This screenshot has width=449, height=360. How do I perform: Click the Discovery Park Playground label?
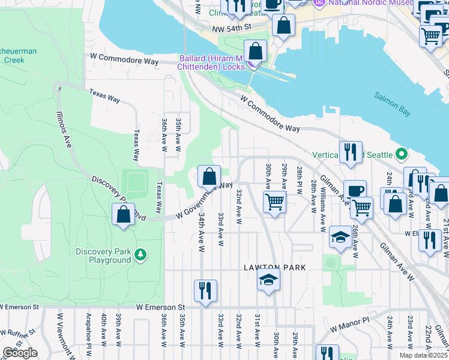(103, 256)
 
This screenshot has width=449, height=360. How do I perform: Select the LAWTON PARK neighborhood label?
(275, 267)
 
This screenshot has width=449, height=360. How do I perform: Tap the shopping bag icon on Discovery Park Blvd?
(123, 214)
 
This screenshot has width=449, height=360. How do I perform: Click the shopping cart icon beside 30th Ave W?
(274, 201)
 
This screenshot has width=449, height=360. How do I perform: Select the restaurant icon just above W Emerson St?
(205, 291)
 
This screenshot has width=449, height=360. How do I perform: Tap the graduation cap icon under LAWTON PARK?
(268, 279)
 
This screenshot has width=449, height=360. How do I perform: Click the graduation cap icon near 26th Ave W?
(340, 236)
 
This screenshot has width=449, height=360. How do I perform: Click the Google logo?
(20, 353)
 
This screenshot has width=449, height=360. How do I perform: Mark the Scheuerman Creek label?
(18, 56)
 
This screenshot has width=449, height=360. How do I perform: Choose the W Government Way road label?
(204, 201)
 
